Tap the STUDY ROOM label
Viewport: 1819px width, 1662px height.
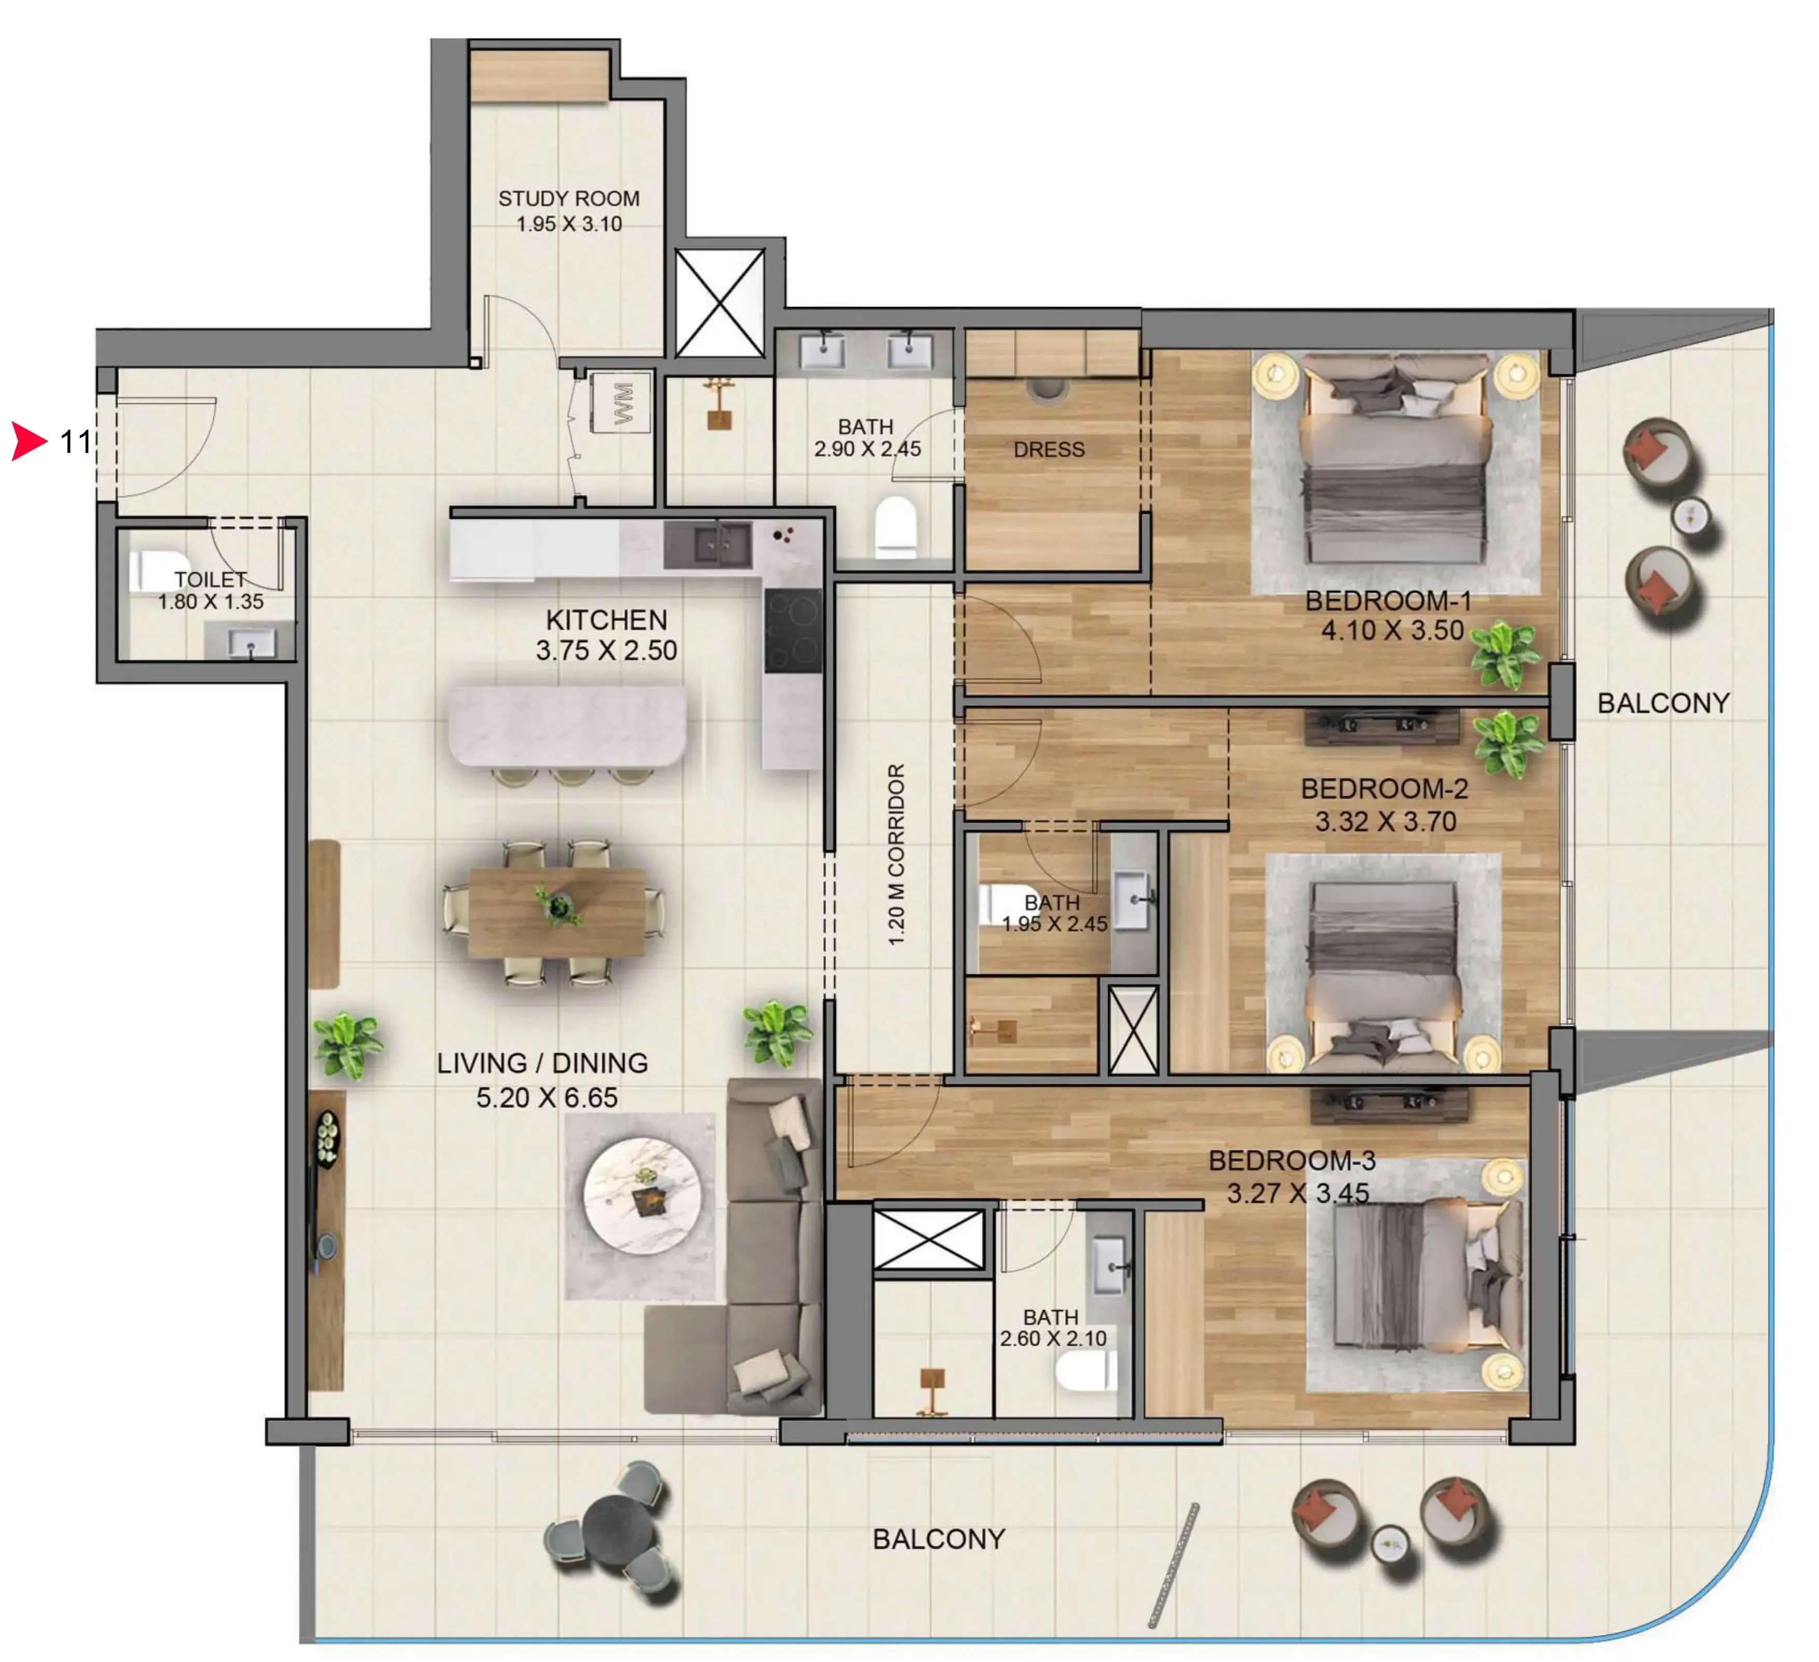(569, 198)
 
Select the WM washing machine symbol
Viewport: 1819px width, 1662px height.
(622, 403)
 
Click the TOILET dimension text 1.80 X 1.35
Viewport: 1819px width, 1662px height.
(211, 602)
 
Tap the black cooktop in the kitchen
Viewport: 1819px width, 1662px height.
(793, 630)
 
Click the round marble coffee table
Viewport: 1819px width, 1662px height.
(642, 1196)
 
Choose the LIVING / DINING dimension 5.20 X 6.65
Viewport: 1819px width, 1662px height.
(547, 1098)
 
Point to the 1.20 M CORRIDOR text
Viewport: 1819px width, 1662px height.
(895, 855)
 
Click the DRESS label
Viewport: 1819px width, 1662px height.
(1049, 449)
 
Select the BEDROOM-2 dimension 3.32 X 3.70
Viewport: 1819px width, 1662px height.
(1385, 821)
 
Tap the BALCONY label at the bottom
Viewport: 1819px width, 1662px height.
(938, 1539)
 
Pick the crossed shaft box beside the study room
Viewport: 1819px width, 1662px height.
(719, 303)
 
